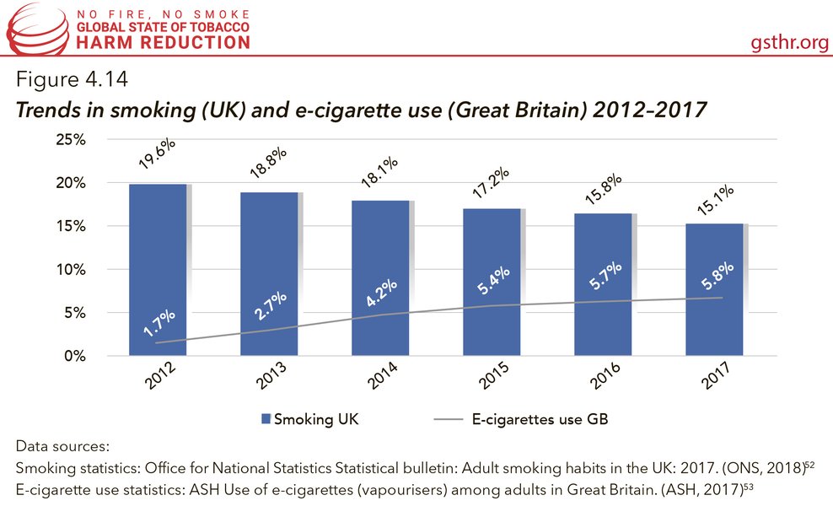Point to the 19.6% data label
(x=159, y=155)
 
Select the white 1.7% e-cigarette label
(x=159, y=326)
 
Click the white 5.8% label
(x=715, y=278)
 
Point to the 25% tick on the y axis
(x=70, y=140)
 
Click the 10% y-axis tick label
(x=70, y=270)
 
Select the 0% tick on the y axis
(x=74, y=356)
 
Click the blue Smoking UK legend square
(x=266, y=417)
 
